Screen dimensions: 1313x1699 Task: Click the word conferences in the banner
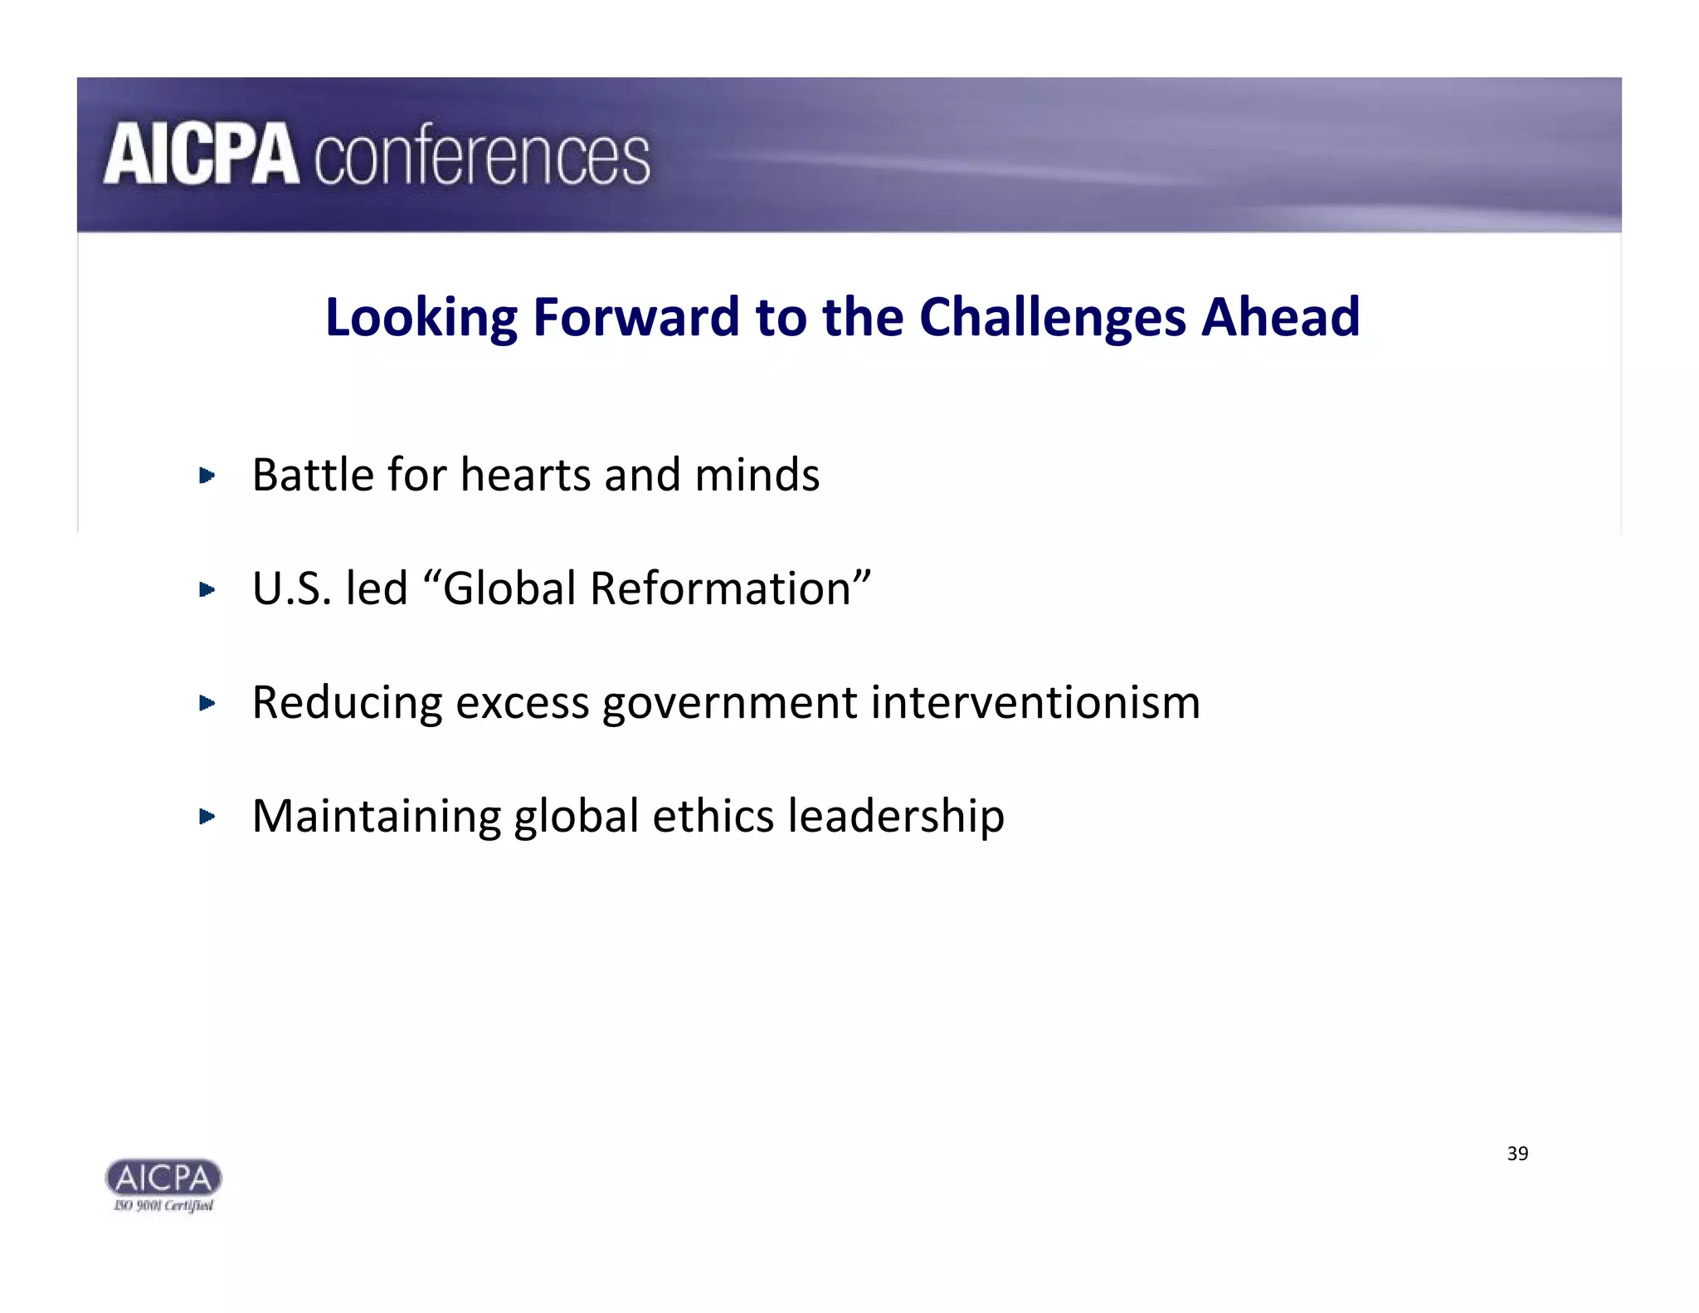[x=482, y=157]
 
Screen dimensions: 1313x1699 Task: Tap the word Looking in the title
[x=421, y=318]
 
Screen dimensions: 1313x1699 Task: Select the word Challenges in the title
[x=1052, y=318]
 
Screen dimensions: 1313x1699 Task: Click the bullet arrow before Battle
[x=207, y=476]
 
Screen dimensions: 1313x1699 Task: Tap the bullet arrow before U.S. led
[x=207, y=590]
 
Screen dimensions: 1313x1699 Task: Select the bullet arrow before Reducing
[x=207, y=704]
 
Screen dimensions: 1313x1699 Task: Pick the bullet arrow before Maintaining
[x=207, y=817]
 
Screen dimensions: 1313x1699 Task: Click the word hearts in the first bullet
[x=525, y=476]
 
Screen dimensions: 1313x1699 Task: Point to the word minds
[x=757, y=476]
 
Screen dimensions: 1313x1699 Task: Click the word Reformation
[x=721, y=589]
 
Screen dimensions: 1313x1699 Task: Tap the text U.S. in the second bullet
[x=292, y=589]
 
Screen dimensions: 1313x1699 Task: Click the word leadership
[x=896, y=818]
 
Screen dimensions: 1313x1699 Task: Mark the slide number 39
[x=1517, y=1154]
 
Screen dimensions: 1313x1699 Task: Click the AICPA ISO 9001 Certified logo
[x=163, y=1185]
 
